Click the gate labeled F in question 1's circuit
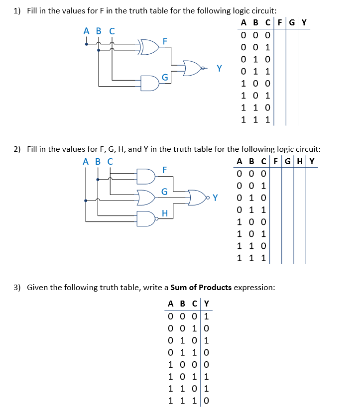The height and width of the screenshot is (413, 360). [149, 46]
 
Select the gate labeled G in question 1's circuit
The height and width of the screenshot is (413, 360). [150, 83]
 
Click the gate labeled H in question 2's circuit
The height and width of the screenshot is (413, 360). [146, 218]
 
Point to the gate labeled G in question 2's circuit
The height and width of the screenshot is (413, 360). [148, 198]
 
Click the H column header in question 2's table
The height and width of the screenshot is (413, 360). [300, 161]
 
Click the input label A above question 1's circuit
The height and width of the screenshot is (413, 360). [86, 31]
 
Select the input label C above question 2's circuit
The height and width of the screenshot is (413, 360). [109, 161]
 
